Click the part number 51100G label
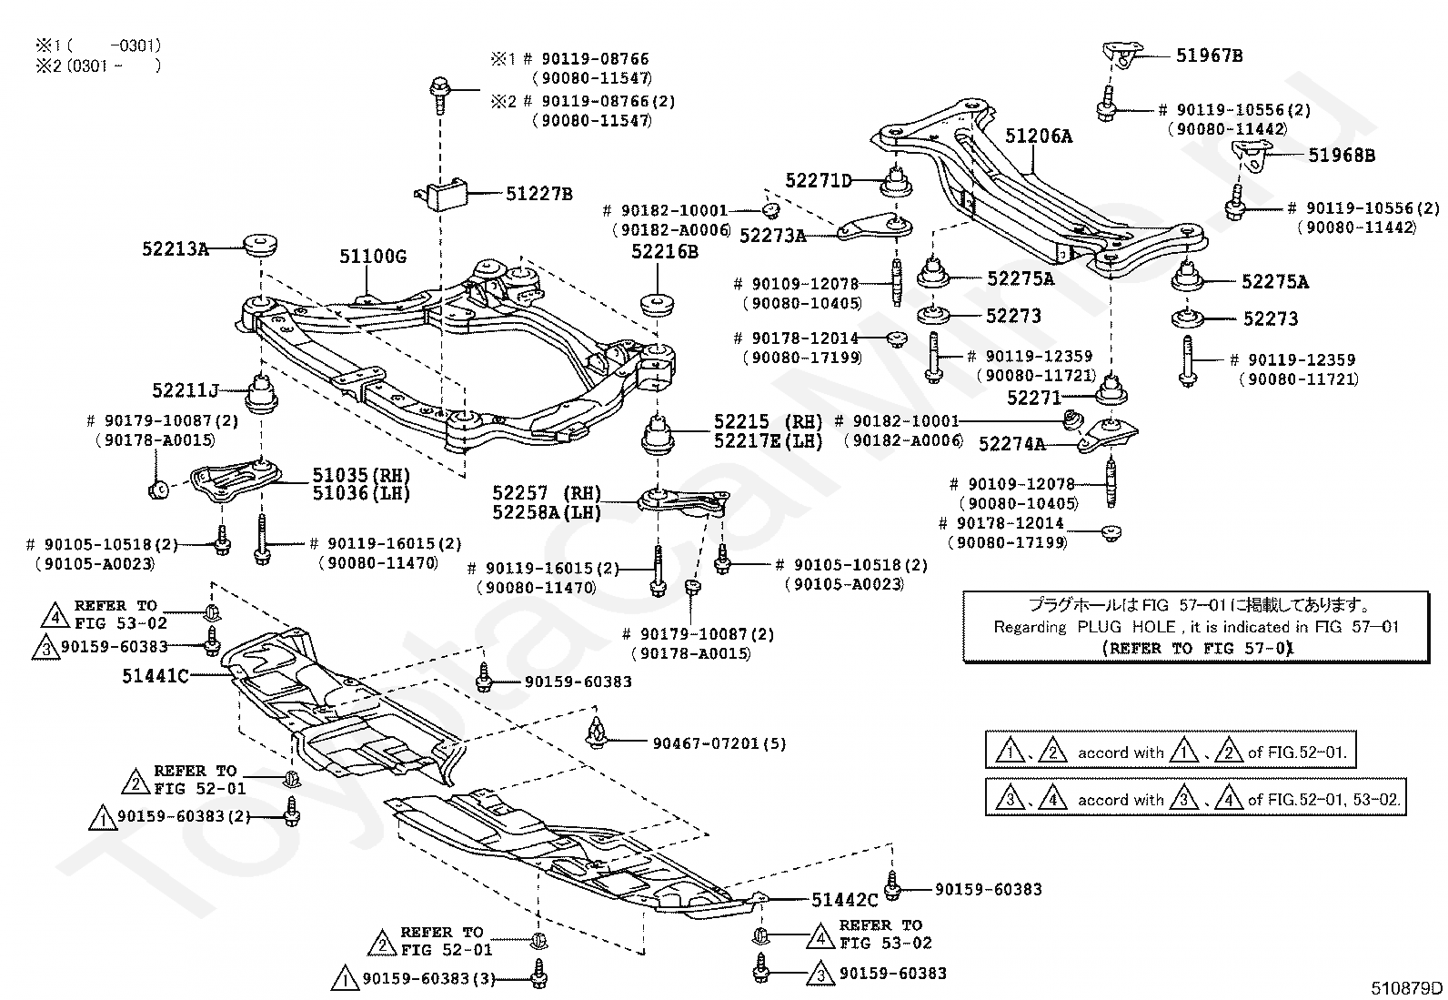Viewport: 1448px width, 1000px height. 373,257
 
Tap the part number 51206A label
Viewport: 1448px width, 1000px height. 1039,136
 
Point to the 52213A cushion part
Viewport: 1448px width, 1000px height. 260,246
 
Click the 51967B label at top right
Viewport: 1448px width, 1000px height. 1209,55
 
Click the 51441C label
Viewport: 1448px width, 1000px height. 156,675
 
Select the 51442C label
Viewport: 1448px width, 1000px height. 845,900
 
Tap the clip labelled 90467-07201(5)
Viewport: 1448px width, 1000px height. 598,732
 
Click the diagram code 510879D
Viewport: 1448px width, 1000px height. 1407,988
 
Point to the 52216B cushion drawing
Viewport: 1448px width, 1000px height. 658,303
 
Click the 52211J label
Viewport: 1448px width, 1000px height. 186,391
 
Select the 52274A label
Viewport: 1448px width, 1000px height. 1011,444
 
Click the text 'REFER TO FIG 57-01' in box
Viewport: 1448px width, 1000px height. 1197,649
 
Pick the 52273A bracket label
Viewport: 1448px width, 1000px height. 772,236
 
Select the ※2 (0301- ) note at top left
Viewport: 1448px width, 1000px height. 97,65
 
